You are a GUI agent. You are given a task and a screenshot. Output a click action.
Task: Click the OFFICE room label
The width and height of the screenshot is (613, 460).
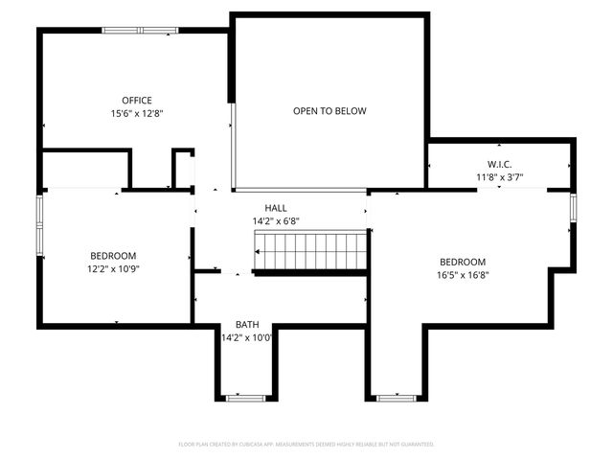click(136, 101)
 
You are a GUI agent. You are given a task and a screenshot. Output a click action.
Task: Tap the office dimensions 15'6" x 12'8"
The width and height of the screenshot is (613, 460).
click(136, 113)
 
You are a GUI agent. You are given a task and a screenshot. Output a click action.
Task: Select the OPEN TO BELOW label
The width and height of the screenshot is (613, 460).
click(329, 111)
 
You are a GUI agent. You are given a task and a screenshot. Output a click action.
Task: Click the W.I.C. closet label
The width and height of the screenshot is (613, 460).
click(500, 164)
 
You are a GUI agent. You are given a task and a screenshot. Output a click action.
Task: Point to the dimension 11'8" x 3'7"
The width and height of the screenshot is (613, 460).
click(500, 176)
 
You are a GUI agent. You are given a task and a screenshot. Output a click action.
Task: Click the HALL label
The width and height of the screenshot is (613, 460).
click(276, 208)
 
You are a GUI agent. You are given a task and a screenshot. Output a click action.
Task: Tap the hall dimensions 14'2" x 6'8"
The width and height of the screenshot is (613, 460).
click(276, 220)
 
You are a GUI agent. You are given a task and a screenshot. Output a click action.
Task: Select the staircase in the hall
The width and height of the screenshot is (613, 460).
click(310, 251)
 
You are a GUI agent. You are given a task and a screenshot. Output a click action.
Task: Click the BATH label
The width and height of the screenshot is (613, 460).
click(247, 325)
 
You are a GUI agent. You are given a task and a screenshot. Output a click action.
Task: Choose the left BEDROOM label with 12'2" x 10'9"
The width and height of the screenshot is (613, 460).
click(113, 256)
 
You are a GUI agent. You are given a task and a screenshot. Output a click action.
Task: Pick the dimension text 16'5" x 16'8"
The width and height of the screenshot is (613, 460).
click(463, 275)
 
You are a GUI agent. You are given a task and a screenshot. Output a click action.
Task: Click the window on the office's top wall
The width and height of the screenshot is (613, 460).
click(140, 31)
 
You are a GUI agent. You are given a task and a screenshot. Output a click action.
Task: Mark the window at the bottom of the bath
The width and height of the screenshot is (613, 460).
click(246, 397)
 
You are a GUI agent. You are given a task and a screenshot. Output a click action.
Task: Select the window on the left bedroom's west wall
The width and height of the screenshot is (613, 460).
click(40, 225)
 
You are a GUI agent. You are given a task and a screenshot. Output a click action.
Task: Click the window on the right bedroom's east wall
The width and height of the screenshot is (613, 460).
click(573, 208)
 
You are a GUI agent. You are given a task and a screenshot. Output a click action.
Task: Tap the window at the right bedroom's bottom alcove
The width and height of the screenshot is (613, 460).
click(396, 397)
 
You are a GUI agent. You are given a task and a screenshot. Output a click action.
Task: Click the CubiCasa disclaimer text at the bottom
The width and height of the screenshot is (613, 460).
click(306, 445)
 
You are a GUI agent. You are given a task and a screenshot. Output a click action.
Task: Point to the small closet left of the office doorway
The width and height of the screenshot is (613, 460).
click(86, 169)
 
